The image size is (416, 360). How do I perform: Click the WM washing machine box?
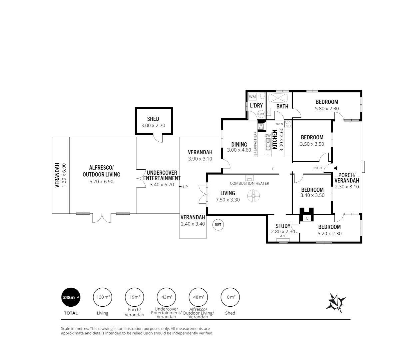[x=252, y=97]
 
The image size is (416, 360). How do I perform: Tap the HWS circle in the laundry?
[x=261, y=114]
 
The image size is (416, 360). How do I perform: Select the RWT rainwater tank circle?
[x=218, y=225]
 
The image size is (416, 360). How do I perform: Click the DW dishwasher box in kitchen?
[x=267, y=135]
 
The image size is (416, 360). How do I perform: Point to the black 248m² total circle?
[x=71, y=297]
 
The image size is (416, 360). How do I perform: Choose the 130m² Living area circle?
[x=103, y=297]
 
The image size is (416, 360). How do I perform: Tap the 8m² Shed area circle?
[x=230, y=297]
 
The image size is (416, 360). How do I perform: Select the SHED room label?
[x=153, y=119]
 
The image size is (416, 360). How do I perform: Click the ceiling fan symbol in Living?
[x=253, y=196]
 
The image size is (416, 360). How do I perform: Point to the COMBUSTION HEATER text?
[x=249, y=183]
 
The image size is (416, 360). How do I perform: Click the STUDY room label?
[x=283, y=226]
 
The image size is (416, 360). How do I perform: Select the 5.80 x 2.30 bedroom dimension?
[x=326, y=109]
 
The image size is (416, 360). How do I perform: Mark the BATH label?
[x=282, y=106]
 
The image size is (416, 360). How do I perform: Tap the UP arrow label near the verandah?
[x=184, y=187]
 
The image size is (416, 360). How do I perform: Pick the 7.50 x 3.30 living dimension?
[x=227, y=200]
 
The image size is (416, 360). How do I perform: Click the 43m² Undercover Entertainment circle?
[x=167, y=297]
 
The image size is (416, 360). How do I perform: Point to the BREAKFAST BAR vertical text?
[x=255, y=144]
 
